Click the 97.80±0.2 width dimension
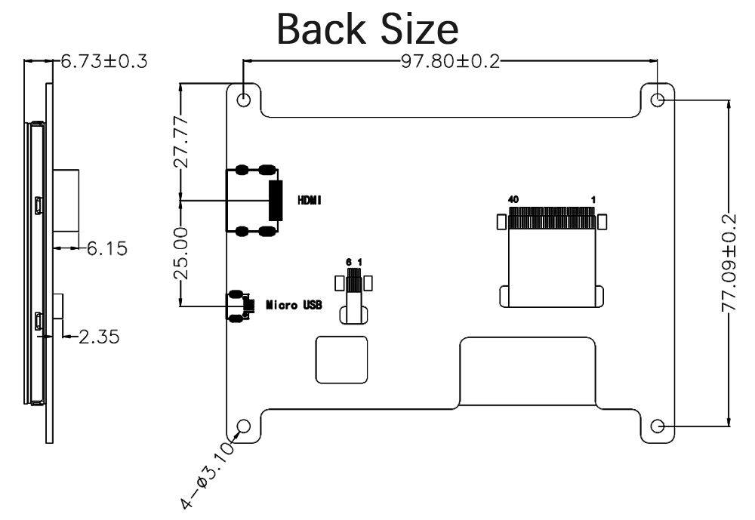pyautogui.click(x=450, y=61)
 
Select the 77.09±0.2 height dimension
pyautogui.click(x=729, y=263)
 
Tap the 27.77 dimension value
pyautogui.click(x=181, y=142)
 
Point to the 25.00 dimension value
pyautogui.click(x=181, y=254)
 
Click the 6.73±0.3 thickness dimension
pyautogui.click(x=104, y=61)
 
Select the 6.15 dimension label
pyautogui.click(x=107, y=248)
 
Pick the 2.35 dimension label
pyautogui.click(x=99, y=337)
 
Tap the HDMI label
pyautogui.click(x=310, y=200)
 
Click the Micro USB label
pyautogui.click(x=294, y=305)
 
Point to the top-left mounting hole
pyautogui.click(x=244, y=100)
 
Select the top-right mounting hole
pyautogui.click(x=658, y=100)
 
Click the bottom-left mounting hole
pyautogui.click(x=244, y=426)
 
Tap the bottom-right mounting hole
pyautogui.click(x=658, y=426)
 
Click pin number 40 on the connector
pyautogui.click(x=513, y=199)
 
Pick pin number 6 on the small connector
pyautogui.click(x=349, y=262)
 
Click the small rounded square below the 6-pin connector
pyautogui.click(x=341, y=360)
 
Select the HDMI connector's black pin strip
pyautogui.click(x=276, y=201)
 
